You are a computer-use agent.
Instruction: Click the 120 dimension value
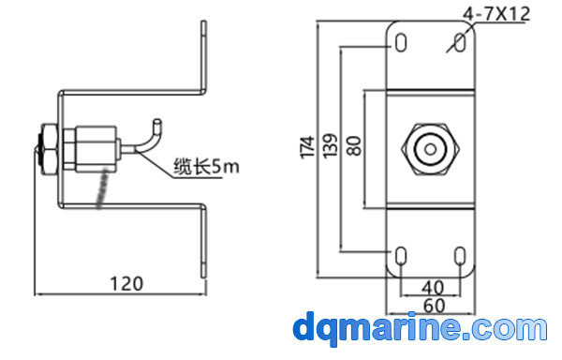pyautogui.click(x=126, y=284)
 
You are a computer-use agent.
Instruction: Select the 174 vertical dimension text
pyautogui.click(x=307, y=147)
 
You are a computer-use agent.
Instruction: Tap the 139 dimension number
pyautogui.click(x=331, y=145)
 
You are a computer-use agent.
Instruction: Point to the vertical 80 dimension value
pyautogui.click(x=354, y=145)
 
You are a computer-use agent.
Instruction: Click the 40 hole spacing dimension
pyautogui.click(x=433, y=288)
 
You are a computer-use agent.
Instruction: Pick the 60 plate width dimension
pyautogui.click(x=435, y=306)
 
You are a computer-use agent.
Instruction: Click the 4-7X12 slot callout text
pyautogui.click(x=496, y=14)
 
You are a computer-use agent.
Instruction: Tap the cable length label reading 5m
pyautogui.click(x=206, y=167)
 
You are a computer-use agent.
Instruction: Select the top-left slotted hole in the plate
pyautogui.click(x=401, y=43)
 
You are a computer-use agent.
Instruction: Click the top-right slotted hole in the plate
pyautogui.click(x=460, y=43)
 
